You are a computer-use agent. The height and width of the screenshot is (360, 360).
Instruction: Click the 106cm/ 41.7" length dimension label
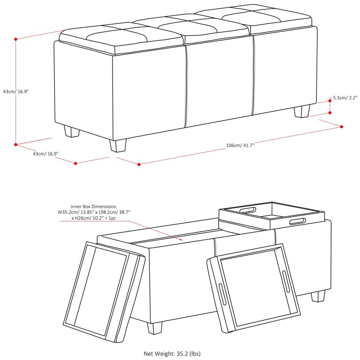tap(240, 145)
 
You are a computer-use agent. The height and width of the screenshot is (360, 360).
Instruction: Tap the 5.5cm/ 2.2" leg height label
tap(345, 98)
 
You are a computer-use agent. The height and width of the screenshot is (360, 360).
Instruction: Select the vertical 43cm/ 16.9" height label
tap(16, 91)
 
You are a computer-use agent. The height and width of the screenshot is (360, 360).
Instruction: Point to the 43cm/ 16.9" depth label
tap(46, 153)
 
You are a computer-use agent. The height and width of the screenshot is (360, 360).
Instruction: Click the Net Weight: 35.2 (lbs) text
tap(172, 354)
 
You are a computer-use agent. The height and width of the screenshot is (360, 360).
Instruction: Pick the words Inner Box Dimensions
tap(94, 207)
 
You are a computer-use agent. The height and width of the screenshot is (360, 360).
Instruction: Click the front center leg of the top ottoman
tap(118, 146)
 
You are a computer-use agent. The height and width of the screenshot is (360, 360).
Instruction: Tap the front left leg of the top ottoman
tap(72, 131)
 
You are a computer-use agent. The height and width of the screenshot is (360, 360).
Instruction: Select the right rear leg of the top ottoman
tap(302, 111)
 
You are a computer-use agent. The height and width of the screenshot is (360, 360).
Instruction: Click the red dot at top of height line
tap(16, 39)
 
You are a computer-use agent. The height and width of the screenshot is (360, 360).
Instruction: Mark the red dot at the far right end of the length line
tap(342, 127)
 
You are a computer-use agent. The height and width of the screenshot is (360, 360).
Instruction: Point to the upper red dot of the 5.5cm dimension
tap(330, 101)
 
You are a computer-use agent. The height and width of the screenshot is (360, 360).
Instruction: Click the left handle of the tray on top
tap(247, 211)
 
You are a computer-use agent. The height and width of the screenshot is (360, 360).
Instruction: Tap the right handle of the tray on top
tap(297, 221)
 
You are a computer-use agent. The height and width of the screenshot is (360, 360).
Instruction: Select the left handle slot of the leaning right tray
tap(222, 294)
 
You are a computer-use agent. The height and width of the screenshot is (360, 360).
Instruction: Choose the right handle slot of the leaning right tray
tap(286, 278)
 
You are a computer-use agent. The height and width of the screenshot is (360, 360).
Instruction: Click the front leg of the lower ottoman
tap(154, 328)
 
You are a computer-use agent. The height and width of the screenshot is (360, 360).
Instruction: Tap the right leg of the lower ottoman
tap(318, 296)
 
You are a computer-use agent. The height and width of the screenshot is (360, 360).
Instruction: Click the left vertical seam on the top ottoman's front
tap(186, 86)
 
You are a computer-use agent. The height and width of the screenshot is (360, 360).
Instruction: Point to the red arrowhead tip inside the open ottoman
tap(183, 240)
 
